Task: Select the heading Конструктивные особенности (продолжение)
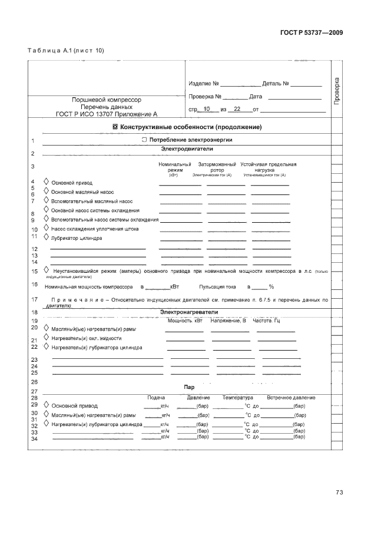point(187,127)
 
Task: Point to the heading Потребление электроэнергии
point(187,140)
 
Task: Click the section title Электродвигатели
point(186,150)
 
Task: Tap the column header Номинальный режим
point(175,167)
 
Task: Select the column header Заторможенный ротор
point(217,167)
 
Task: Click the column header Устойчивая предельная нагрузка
point(268,167)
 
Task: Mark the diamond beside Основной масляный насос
point(47,192)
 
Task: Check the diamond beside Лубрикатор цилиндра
point(47,238)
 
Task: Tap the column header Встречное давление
point(290,398)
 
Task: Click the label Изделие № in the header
point(204,84)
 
